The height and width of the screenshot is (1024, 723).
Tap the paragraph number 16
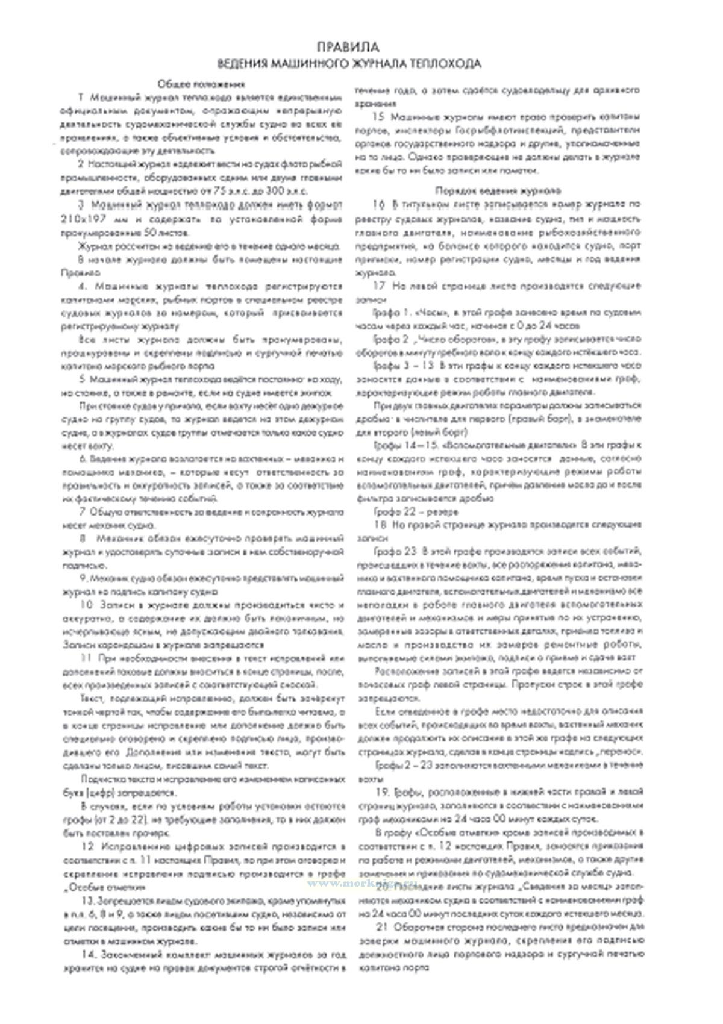click(x=379, y=205)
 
